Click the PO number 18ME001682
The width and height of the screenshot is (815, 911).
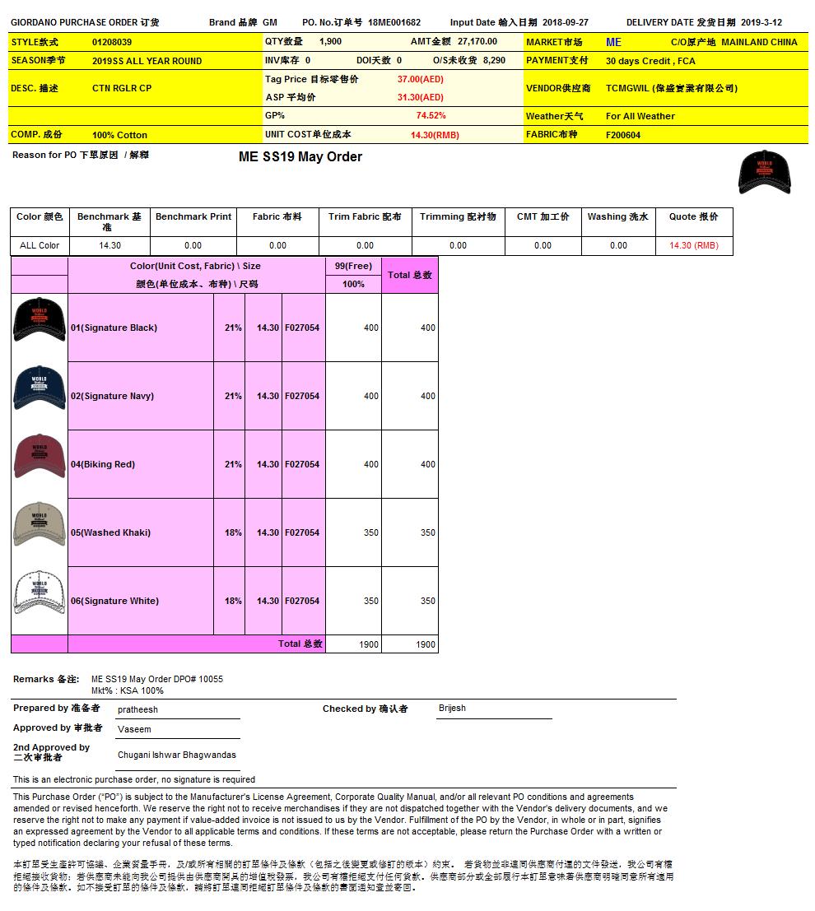click(x=394, y=22)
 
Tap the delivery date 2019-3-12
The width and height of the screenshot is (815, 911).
click(x=761, y=22)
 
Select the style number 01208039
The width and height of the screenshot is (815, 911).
click(x=112, y=41)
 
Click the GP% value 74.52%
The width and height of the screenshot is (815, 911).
click(x=431, y=116)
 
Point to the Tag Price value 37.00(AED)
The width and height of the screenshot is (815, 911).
click(x=421, y=79)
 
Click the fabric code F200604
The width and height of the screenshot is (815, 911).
click(x=623, y=135)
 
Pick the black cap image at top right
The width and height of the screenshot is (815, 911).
click(x=765, y=172)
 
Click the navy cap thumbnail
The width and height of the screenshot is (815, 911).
click(x=39, y=388)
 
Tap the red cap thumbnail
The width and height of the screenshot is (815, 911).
click(x=39, y=456)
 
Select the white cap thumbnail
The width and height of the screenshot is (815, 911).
click(x=39, y=593)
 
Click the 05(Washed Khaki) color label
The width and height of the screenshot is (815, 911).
click(x=110, y=532)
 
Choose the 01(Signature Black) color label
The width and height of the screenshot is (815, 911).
click(x=114, y=328)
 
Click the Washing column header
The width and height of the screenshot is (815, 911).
click(x=617, y=216)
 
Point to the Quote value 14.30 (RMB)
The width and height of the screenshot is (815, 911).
click(x=693, y=245)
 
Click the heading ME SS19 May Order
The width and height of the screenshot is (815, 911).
click(x=300, y=157)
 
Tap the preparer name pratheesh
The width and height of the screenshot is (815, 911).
click(x=137, y=709)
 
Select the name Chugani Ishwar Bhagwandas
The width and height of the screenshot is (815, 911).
click(x=177, y=755)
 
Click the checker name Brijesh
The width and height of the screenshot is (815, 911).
click(x=452, y=709)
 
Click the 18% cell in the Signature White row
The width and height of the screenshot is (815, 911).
click(x=233, y=601)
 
